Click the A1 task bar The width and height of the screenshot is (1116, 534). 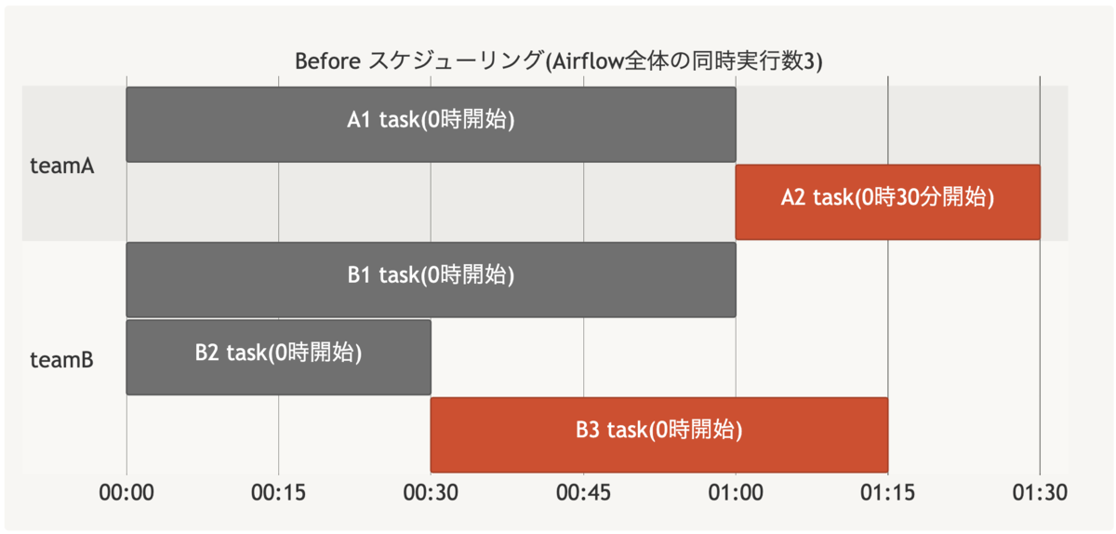tap(431, 125)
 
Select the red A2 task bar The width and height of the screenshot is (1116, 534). tap(888, 202)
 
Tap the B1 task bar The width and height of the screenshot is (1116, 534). tap(431, 280)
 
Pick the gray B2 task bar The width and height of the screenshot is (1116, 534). tap(278, 357)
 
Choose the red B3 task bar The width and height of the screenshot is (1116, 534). tap(659, 434)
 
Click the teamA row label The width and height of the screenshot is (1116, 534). tap(61, 166)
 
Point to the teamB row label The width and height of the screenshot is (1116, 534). tap(61, 360)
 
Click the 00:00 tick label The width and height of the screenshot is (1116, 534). tap(126, 493)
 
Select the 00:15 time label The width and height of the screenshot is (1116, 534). tap(278, 493)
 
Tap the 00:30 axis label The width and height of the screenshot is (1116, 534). tap(431, 493)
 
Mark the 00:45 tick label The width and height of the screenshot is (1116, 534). tap(583, 493)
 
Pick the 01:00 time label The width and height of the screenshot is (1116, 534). tap(736, 493)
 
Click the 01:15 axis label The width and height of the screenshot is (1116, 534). tap(888, 493)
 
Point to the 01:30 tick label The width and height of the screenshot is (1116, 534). tap(1040, 493)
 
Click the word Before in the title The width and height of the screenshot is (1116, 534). tap(327, 61)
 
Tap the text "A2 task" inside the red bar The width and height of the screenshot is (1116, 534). tap(817, 197)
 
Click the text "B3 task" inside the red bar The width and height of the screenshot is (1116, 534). tap(611, 430)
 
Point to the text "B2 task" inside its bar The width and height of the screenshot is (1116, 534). tap(231, 353)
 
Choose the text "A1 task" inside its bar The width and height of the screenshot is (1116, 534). tap(383, 120)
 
